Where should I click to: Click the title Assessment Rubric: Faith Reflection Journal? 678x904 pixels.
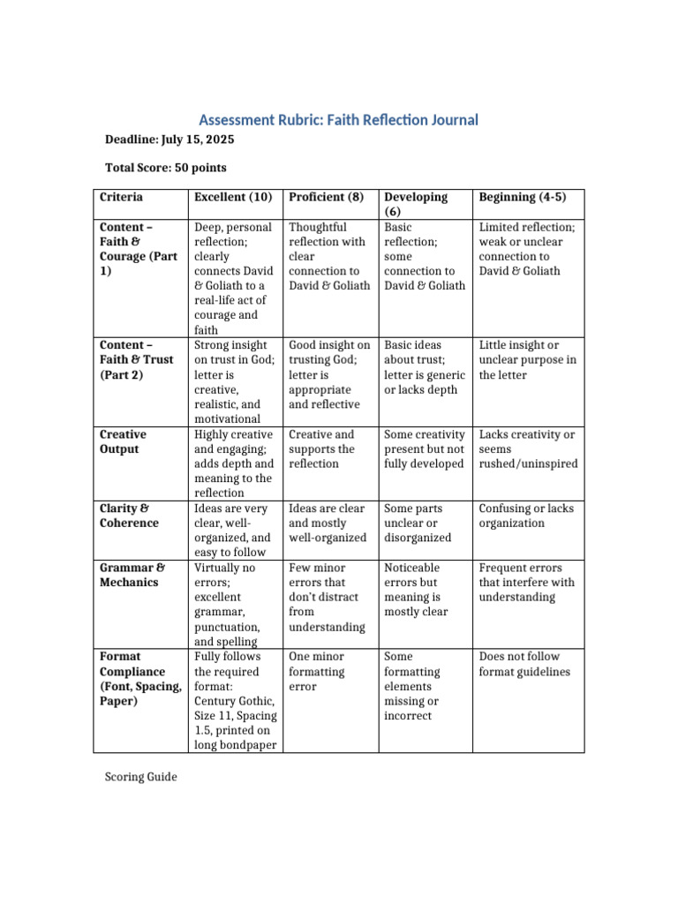338,119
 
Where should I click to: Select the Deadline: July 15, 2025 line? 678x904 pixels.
170,139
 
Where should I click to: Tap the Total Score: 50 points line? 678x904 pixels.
166,168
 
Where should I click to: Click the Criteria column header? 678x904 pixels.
122,197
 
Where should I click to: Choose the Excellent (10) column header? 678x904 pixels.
233,197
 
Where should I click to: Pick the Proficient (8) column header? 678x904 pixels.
327,197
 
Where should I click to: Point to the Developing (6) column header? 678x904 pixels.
416,204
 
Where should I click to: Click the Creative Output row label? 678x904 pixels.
124,441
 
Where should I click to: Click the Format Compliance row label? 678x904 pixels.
140,679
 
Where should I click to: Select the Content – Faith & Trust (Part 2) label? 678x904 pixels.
136,360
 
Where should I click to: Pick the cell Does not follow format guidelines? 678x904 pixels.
524,664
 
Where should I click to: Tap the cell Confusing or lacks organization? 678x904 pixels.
524,516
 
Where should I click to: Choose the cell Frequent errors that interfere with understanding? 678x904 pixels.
526,582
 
